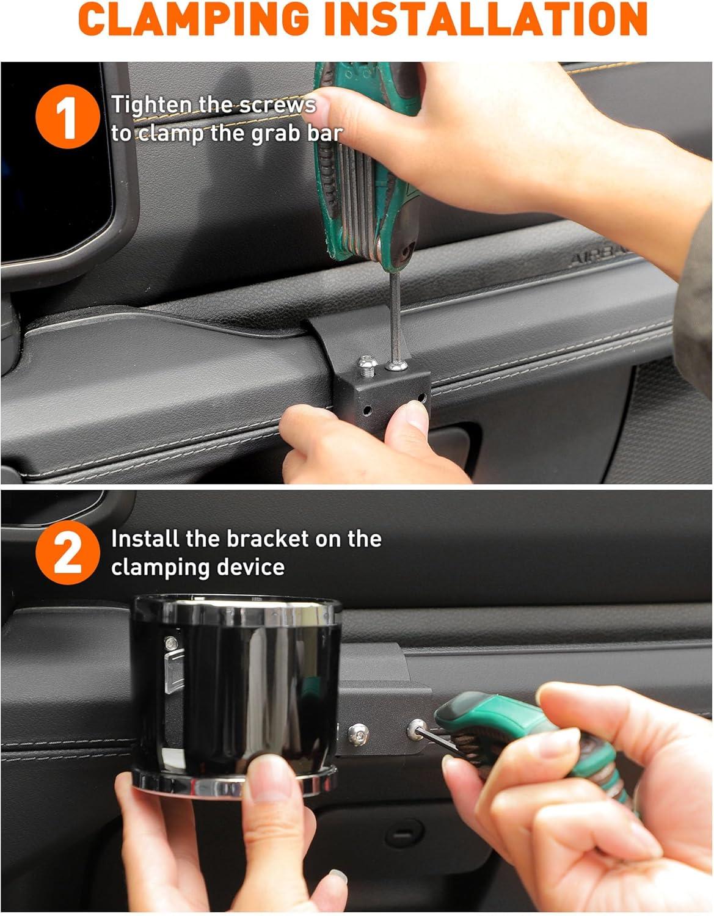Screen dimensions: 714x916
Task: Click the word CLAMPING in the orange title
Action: coord(194,19)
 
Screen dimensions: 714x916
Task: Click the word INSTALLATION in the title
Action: coord(486,19)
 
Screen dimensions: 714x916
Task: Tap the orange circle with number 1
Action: coord(67,117)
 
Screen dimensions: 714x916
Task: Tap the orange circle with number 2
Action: coord(67,552)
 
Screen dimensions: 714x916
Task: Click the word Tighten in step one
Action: coord(151,106)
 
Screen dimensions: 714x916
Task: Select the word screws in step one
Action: coord(277,106)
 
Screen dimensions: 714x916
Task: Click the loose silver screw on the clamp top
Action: coord(366,365)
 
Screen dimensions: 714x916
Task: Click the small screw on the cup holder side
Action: coord(171,644)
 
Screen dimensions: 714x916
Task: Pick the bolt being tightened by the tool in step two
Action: coord(416,730)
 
